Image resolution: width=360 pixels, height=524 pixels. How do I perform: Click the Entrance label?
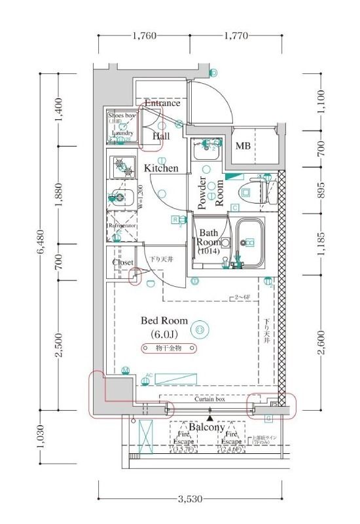(162, 103)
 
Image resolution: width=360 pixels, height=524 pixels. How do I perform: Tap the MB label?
(243, 145)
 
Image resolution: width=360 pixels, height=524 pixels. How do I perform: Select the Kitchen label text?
(161, 168)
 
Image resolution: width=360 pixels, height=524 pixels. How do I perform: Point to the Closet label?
(122, 262)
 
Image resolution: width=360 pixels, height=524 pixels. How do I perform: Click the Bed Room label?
(164, 321)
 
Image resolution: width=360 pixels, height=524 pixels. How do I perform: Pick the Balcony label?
(207, 428)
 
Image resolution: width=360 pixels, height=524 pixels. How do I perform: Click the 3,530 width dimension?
(189, 499)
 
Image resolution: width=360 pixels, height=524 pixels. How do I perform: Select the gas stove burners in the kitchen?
(121, 167)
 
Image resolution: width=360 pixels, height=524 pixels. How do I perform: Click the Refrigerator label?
(121, 225)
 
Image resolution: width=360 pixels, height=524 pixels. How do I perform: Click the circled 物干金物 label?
(164, 348)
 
